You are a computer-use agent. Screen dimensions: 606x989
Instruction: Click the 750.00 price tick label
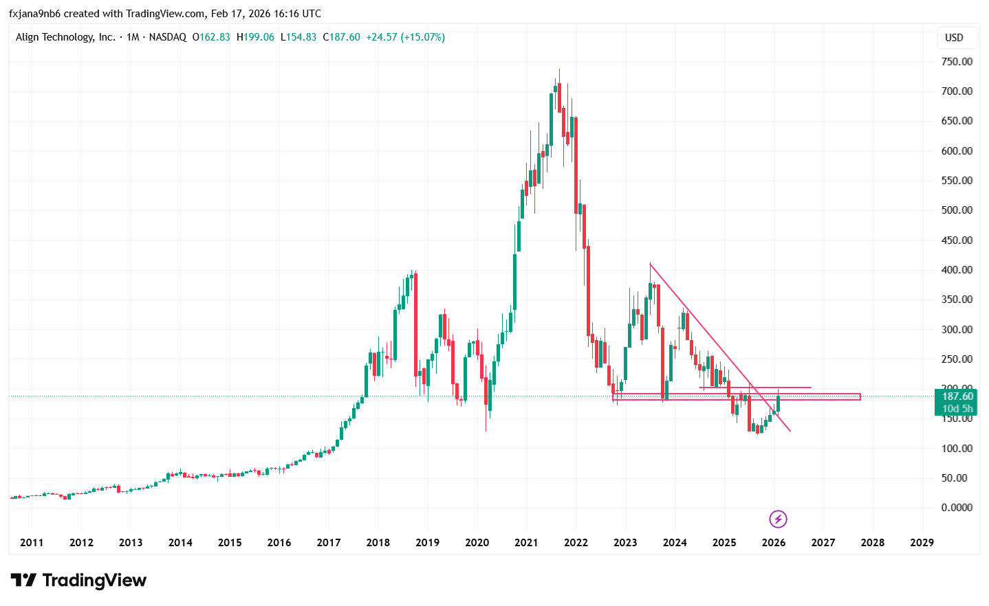pos(957,62)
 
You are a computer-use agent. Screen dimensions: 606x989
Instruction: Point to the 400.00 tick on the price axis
pos(957,270)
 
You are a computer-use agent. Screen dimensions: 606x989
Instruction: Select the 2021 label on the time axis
pos(526,543)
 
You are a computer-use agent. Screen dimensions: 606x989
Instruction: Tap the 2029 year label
pos(922,543)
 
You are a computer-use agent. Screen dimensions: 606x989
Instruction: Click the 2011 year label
pos(32,543)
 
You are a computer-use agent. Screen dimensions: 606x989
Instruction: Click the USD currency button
pos(954,38)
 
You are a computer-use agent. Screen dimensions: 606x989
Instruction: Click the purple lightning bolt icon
pos(777,519)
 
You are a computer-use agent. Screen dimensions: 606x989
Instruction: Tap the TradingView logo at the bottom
pos(78,581)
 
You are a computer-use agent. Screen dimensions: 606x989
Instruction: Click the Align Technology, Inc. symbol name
pos(65,37)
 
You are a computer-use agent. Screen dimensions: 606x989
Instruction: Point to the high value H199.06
pos(255,37)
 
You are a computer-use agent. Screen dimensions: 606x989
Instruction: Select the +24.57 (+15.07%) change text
pos(405,37)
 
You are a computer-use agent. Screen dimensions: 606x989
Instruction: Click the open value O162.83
pos(211,37)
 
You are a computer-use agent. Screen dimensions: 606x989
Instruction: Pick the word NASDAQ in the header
pos(167,37)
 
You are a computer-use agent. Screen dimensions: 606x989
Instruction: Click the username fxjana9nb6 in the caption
pos(34,14)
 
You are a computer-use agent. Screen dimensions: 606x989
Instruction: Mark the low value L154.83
pos(298,37)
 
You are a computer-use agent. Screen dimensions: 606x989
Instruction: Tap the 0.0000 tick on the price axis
pos(957,508)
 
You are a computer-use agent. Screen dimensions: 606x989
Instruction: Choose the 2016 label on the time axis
pos(279,543)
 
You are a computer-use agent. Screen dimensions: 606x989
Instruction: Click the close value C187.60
pos(342,37)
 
